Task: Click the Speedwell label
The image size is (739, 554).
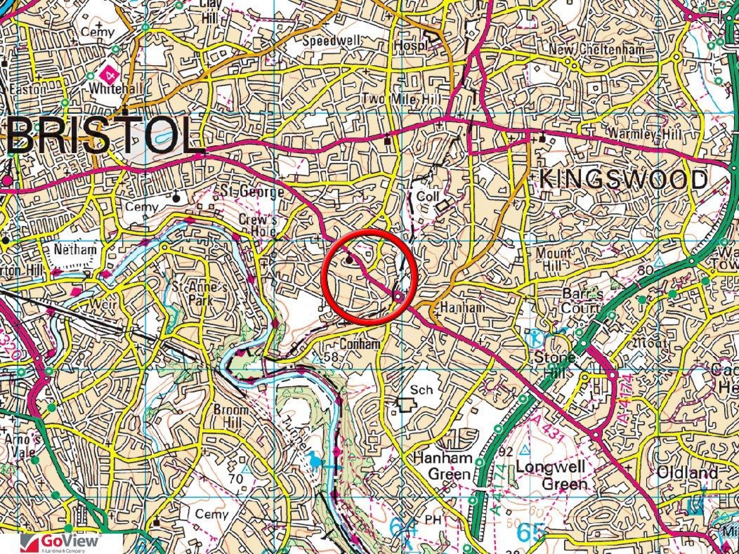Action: [x=332, y=41]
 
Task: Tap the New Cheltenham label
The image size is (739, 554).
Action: [x=597, y=50]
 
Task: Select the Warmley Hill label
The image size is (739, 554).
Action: [x=644, y=134]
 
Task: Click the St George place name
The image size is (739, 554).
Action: [x=252, y=192]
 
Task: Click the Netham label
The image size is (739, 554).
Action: [x=75, y=250]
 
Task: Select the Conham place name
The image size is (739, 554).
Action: [x=360, y=343]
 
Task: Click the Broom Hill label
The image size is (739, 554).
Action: [x=231, y=415]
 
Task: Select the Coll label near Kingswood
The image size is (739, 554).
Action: [x=428, y=197]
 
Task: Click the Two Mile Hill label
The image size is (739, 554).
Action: [x=401, y=98]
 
